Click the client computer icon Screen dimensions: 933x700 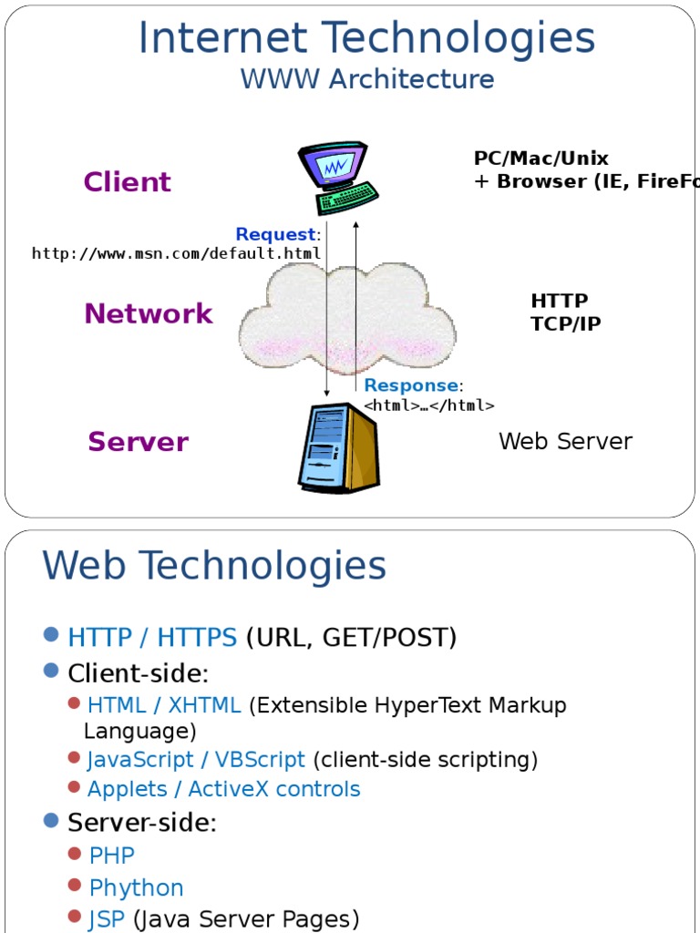point(336,179)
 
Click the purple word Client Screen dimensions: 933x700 point(127,182)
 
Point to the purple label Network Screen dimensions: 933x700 point(148,314)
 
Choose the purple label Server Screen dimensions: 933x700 point(138,443)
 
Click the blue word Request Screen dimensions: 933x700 point(275,235)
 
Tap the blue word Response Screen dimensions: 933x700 point(410,385)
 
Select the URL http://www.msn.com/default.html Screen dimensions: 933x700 point(177,253)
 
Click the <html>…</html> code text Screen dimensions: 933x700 point(429,405)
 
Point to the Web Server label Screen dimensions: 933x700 point(565,442)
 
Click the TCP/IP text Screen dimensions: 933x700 point(565,324)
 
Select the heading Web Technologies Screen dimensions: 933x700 point(214,566)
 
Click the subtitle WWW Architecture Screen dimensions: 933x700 point(366,79)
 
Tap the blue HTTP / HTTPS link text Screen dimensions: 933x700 point(152,638)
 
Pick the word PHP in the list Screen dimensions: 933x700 point(111,856)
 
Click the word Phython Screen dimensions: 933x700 point(136,887)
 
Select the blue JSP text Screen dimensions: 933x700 point(106,919)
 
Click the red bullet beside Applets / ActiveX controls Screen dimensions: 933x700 point(74,787)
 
